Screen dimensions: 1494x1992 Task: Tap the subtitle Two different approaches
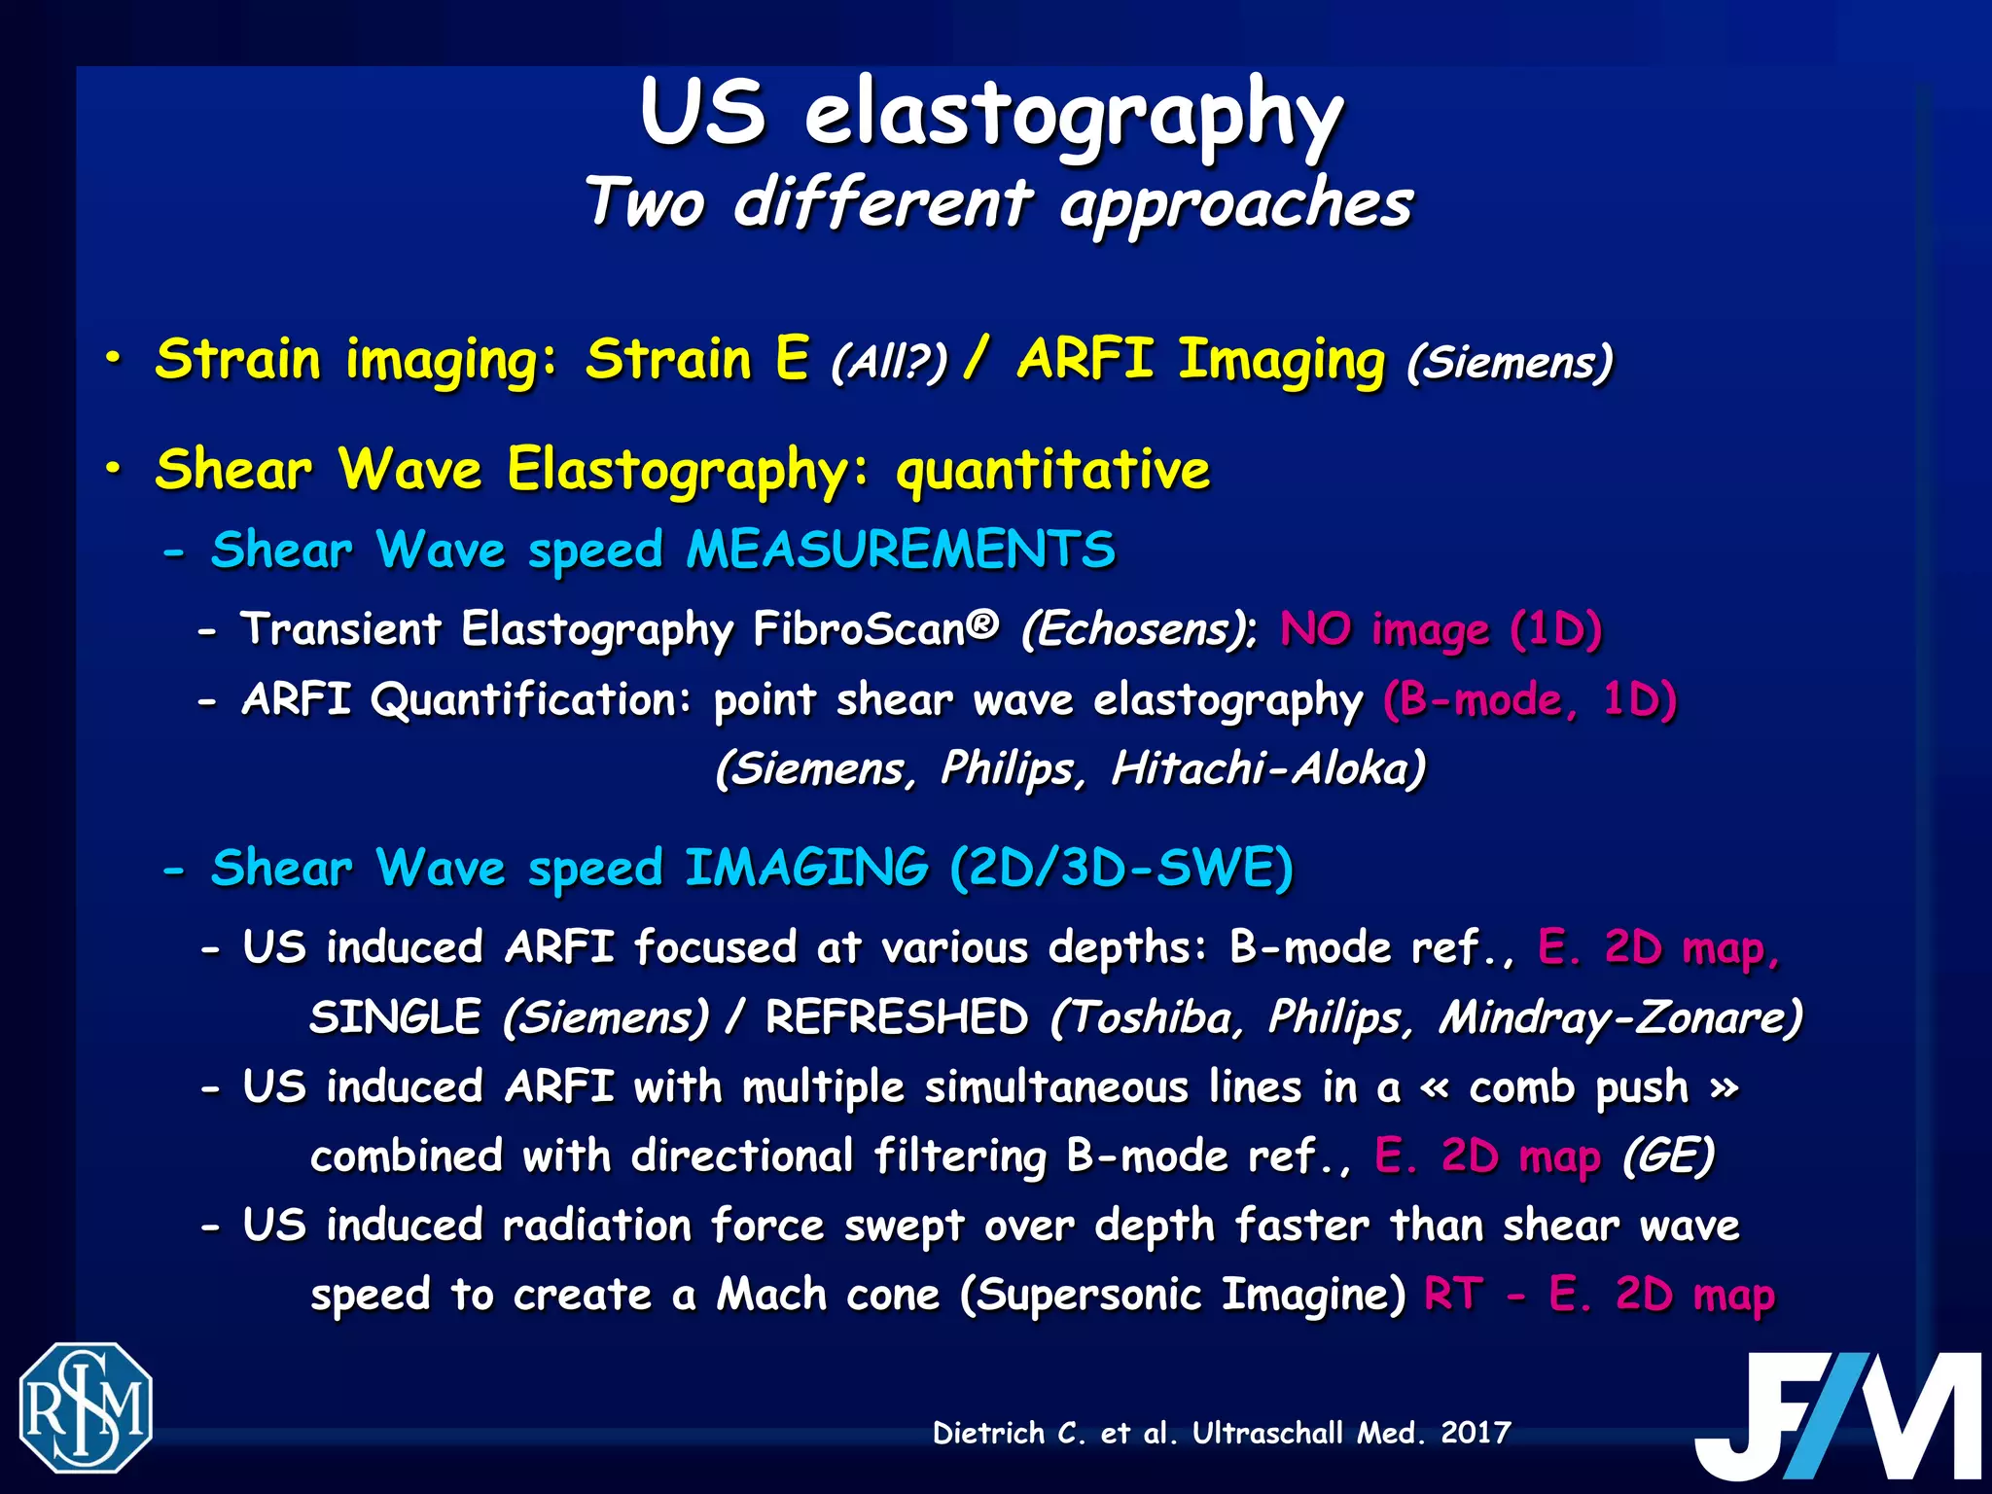click(998, 204)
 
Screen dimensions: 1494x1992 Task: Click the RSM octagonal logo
click(86, 1406)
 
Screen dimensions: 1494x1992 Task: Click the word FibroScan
click(875, 629)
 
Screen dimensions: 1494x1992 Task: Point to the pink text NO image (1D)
click(1440, 629)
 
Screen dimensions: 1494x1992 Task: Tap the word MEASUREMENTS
click(900, 551)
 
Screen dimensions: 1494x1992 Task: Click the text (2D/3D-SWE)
click(1120, 868)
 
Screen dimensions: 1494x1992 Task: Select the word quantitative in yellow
click(1052, 471)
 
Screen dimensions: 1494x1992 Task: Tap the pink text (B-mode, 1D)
click(1529, 699)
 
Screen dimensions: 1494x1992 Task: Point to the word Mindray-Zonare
click(1619, 1018)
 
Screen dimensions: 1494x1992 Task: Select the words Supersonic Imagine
click(1183, 1295)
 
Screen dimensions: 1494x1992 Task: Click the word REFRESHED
click(896, 1018)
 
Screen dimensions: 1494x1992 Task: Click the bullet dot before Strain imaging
click(114, 360)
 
